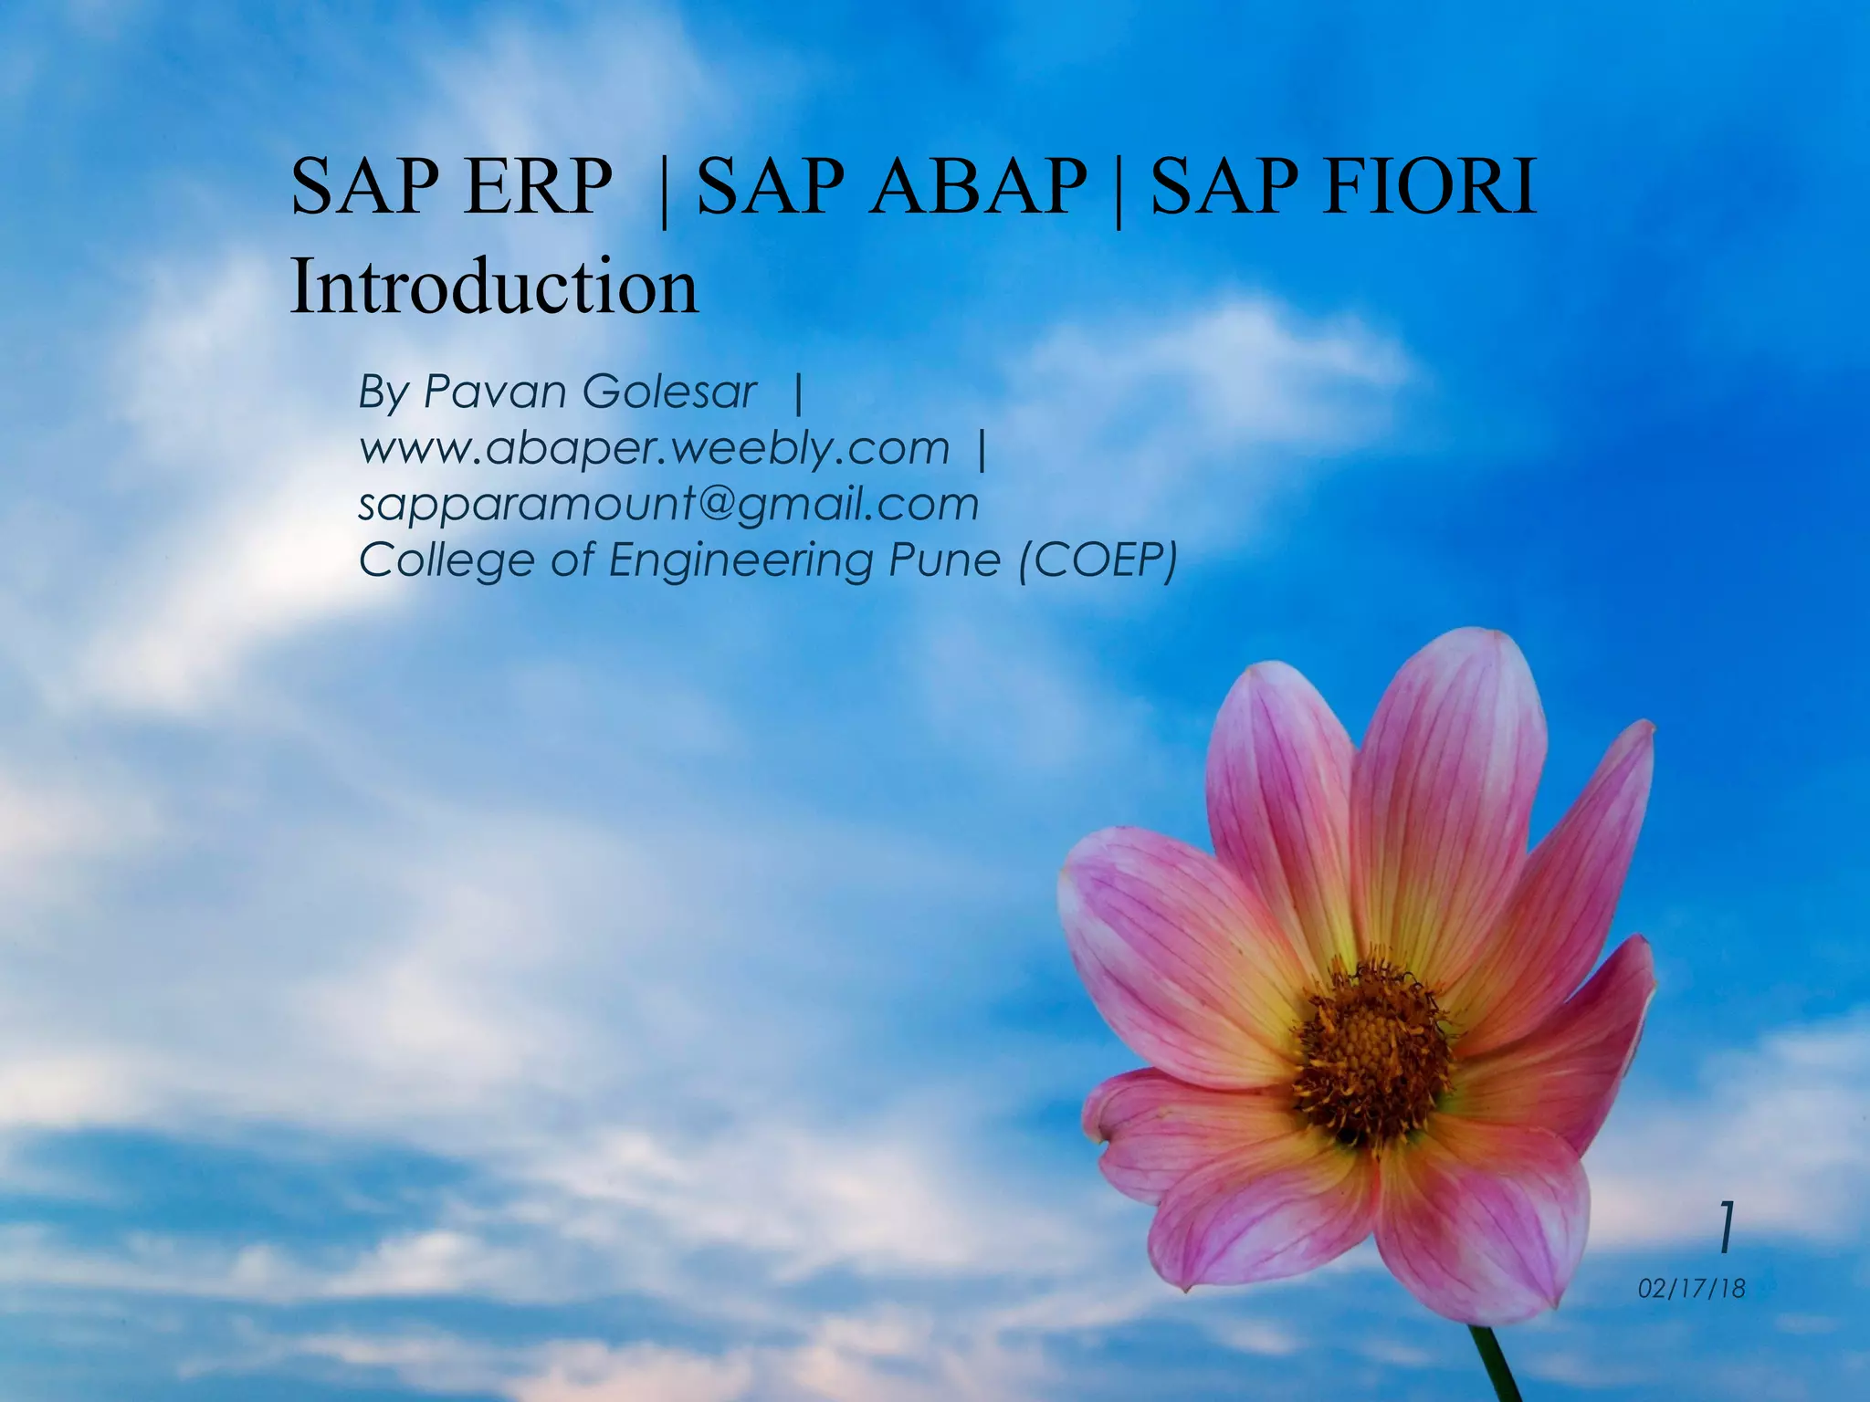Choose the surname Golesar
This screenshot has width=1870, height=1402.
pos(669,392)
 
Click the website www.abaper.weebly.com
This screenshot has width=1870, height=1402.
pos(654,448)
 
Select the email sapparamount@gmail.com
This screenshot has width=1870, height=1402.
pos(668,505)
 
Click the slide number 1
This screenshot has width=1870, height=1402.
pos(1725,1228)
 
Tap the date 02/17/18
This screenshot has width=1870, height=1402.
pos(1691,1289)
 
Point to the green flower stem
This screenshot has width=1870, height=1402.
pos(1497,1365)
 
